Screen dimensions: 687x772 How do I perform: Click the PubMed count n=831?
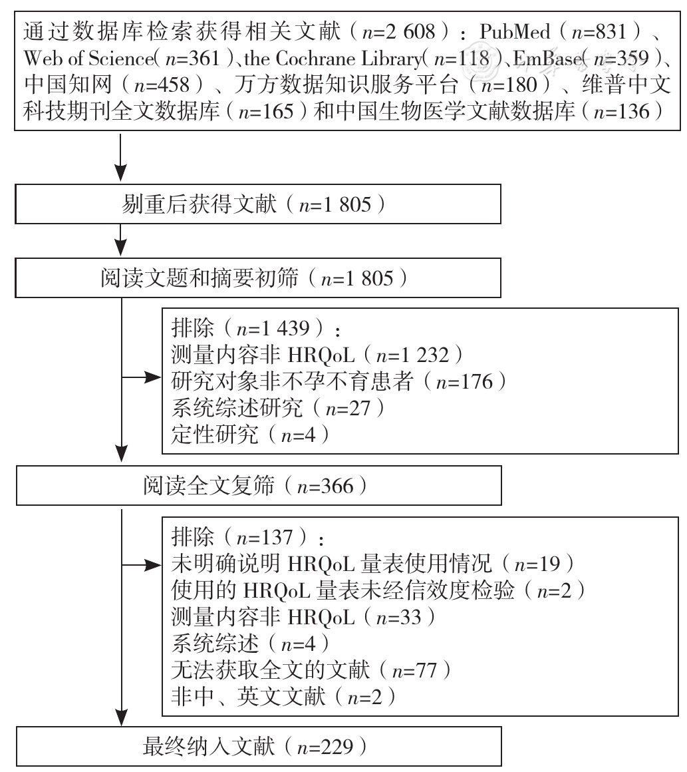point(599,33)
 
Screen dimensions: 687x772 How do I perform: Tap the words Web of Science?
point(88,59)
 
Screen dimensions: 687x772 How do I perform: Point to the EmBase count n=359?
point(621,59)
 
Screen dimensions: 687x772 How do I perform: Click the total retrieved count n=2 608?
point(398,33)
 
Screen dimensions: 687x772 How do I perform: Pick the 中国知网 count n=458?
point(162,85)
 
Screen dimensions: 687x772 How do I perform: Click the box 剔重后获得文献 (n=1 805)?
point(258,204)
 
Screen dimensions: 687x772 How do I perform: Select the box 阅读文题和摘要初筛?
point(258,278)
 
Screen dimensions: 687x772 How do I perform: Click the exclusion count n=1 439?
point(273,328)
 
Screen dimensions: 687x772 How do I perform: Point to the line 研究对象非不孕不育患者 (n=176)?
point(339,381)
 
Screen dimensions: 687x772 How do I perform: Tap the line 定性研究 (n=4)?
point(251,435)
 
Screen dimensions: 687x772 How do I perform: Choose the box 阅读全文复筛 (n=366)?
point(259,486)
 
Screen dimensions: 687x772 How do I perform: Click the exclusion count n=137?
point(265,537)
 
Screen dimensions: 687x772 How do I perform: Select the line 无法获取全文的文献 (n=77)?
point(311,670)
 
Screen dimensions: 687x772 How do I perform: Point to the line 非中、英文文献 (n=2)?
point(283,697)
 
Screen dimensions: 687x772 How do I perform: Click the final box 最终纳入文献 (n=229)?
point(259,747)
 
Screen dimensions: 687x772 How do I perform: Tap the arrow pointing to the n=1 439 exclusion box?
point(142,378)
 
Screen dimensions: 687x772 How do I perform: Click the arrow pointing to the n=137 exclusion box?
point(142,565)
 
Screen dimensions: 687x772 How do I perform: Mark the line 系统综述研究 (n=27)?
point(278,408)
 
